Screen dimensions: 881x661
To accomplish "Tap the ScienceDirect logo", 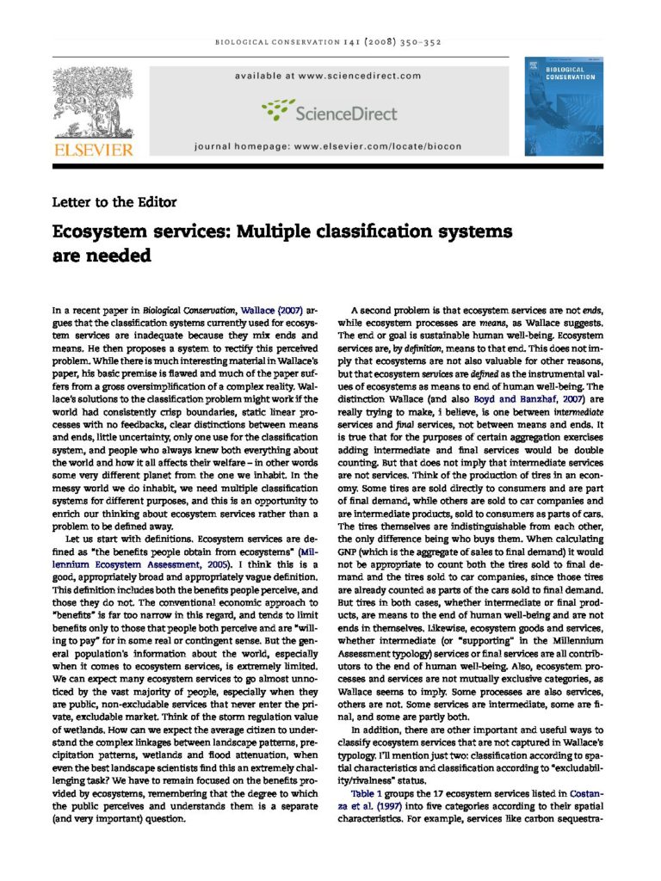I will click(x=330, y=112).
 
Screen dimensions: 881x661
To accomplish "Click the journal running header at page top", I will click(x=330, y=42).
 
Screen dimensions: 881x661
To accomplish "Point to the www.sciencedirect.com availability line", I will click(x=330, y=76).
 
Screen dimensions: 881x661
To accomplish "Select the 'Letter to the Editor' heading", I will click(x=114, y=202).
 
